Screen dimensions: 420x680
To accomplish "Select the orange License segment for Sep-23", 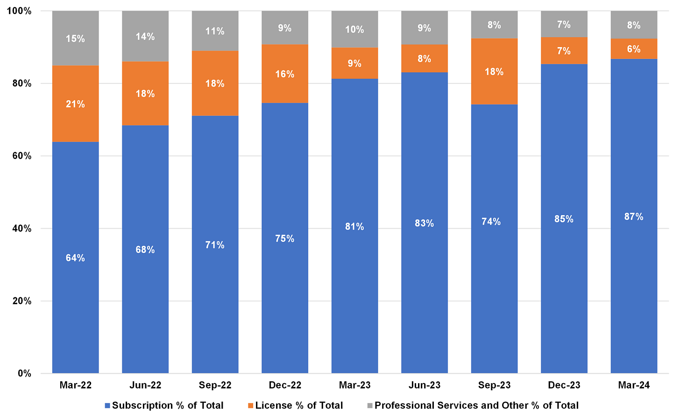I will click(494, 89).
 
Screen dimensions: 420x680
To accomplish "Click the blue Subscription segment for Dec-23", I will click(564, 280).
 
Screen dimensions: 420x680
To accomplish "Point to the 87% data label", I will click(634, 217).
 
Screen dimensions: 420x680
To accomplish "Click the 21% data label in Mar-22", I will click(75, 104).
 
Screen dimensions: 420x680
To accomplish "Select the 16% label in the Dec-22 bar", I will click(284, 74).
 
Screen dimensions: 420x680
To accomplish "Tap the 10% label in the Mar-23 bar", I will click(354, 29).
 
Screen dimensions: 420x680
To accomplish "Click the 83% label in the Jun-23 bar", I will click(424, 223).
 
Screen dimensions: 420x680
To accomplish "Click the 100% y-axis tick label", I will click(19, 11).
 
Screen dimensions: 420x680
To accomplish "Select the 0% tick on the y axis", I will click(25, 373).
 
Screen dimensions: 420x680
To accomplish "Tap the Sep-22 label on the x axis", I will click(215, 385).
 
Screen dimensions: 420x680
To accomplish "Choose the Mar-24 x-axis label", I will click(634, 385).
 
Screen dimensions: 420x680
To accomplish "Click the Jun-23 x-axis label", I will click(424, 385).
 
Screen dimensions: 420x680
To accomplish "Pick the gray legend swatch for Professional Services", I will click(370, 406).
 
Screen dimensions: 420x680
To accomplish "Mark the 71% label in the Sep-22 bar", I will click(215, 245).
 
